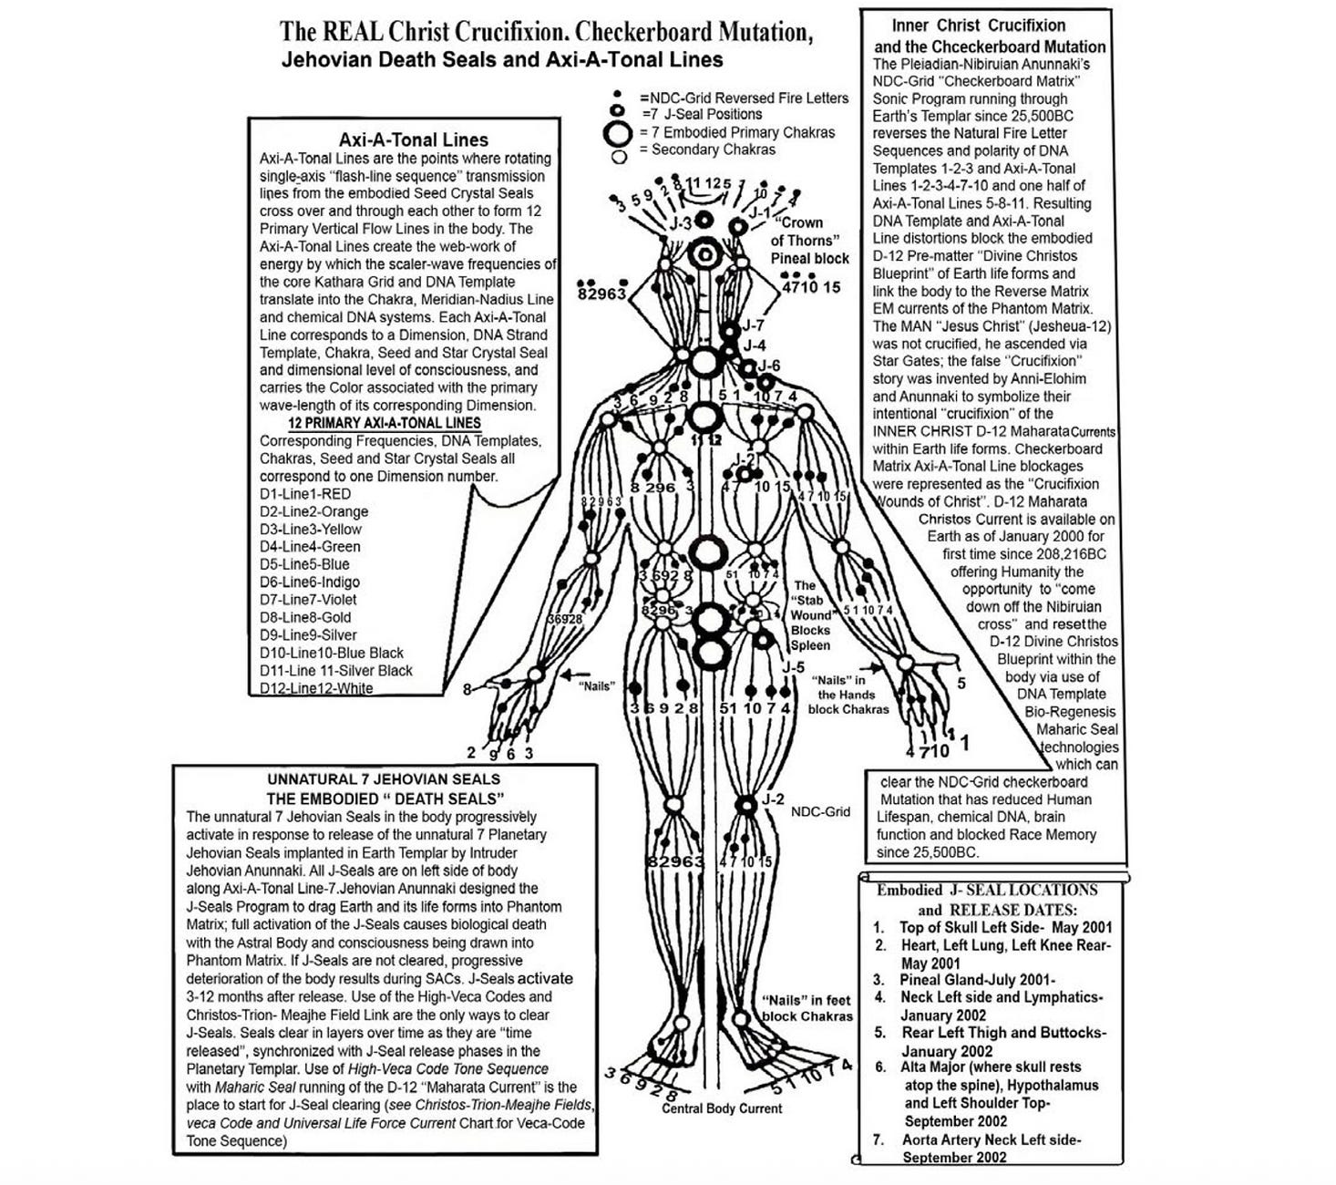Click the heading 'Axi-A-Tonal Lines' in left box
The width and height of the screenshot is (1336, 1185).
413,139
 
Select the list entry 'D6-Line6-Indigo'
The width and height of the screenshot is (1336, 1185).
310,582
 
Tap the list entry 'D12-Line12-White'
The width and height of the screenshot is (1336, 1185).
316,688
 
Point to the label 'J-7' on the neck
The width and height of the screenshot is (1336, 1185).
753,325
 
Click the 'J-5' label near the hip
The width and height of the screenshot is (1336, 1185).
793,666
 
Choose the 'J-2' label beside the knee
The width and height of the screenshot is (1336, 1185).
773,799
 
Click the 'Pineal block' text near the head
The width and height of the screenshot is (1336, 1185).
809,258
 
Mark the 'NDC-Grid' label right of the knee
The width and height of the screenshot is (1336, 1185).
820,811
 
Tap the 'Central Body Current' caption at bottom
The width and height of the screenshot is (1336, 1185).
722,1108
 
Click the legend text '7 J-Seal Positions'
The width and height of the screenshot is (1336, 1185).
703,114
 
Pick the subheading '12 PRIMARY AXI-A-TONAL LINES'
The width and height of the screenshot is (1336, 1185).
385,423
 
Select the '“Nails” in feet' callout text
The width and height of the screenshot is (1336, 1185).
807,1000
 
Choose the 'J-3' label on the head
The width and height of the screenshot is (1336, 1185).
681,222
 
